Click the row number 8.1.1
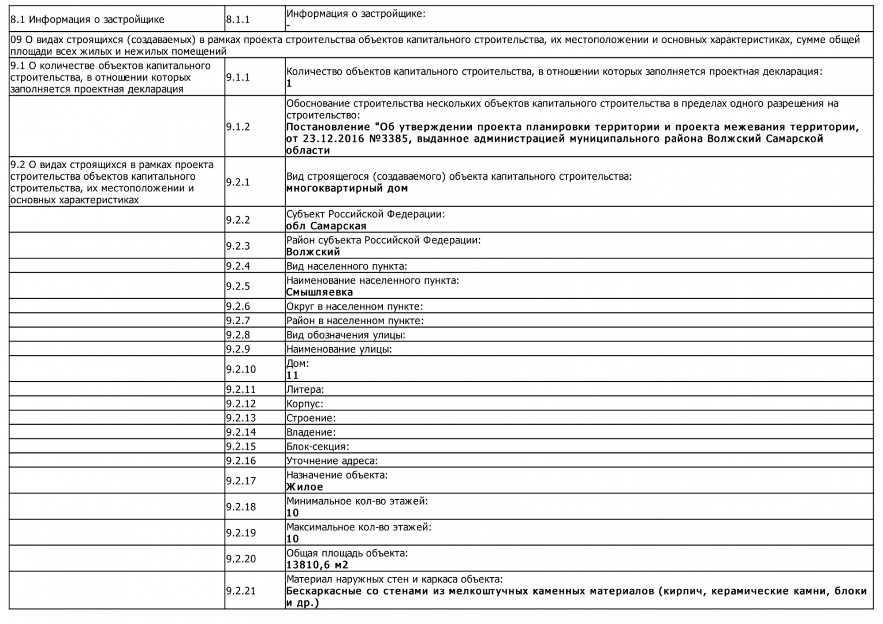click(x=238, y=20)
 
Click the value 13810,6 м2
click(x=317, y=565)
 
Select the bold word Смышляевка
click(x=319, y=292)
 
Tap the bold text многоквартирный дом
click(x=347, y=188)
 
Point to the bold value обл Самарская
click(x=326, y=226)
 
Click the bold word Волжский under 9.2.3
click(x=313, y=252)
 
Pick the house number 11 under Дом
click(x=293, y=376)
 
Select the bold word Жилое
click(x=304, y=487)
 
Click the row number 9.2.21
click(x=241, y=591)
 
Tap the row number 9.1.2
click(x=238, y=127)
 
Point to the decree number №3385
click(x=388, y=139)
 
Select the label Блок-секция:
click(x=318, y=447)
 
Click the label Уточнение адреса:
click(x=332, y=461)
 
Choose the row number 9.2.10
click(x=241, y=369)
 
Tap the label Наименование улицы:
click(x=339, y=349)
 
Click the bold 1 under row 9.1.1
click(x=289, y=84)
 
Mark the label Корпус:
click(x=305, y=404)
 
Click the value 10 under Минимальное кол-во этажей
click(x=293, y=513)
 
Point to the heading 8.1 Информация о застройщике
click(x=87, y=20)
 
